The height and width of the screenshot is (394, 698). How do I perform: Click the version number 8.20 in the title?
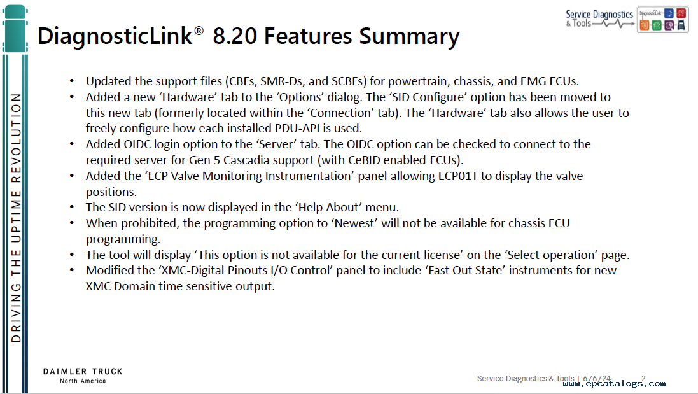[235, 36]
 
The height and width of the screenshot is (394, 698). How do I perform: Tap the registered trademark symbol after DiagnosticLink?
[199, 31]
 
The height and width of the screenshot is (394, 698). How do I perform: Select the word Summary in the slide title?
[409, 38]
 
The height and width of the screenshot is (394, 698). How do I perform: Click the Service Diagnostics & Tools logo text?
[599, 18]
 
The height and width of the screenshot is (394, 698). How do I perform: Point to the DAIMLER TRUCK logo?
[83, 376]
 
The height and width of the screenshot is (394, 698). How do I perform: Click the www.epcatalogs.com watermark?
[614, 383]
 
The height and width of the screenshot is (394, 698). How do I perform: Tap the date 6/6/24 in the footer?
[597, 379]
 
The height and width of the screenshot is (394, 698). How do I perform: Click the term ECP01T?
[457, 176]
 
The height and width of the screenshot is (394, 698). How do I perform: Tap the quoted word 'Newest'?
[354, 223]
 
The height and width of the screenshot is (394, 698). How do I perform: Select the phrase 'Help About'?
[329, 208]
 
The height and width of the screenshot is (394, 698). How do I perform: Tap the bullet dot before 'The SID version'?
[72, 208]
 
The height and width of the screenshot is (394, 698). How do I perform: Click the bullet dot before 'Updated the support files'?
[72, 81]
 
